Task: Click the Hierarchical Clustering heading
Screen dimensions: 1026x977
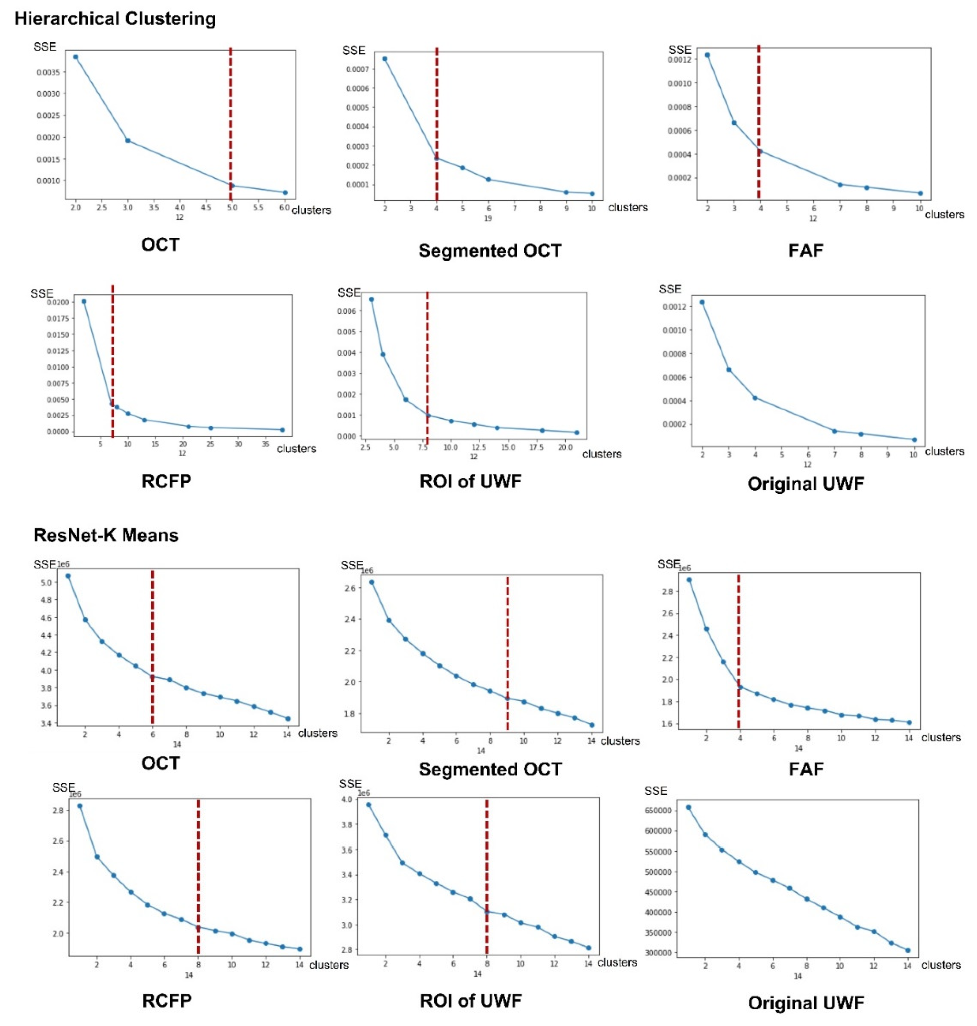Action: pos(115,19)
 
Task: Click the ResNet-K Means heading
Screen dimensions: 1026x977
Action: pos(106,535)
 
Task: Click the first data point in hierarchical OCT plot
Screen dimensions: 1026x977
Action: pos(75,57)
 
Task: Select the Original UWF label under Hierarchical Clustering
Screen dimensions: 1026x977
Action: pos(806,483)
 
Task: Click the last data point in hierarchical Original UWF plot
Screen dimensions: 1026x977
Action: pos(914,439)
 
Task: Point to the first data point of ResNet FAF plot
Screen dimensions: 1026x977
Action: pos(689,579)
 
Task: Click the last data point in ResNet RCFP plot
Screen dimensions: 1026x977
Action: pos(299,949)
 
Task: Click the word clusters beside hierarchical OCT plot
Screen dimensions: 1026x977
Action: pos(311,210)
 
